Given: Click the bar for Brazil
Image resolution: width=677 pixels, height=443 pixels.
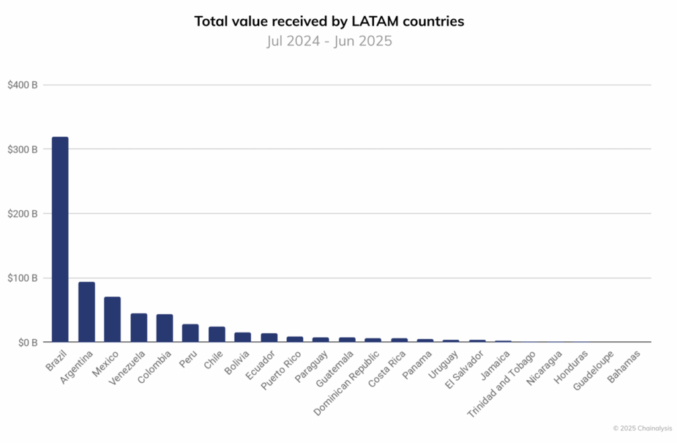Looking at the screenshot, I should [60, 239].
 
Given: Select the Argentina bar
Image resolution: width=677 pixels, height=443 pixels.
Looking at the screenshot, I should [87, 312].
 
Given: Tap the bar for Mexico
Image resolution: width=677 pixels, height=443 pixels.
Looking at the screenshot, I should [112, 319].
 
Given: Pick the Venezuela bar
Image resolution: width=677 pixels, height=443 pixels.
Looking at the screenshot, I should [139, 328].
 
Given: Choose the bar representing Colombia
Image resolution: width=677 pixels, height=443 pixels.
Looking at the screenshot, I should [165, 329].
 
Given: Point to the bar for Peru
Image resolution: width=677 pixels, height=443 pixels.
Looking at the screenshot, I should [190, 333].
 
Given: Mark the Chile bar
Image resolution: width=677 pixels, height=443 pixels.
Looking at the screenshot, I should [217, 335].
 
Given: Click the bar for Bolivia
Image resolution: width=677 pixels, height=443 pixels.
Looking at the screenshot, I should [243, 337].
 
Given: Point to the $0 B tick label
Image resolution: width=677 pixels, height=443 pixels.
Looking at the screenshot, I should [26, 342].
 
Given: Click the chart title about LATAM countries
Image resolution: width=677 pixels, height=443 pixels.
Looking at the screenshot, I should [329, 21].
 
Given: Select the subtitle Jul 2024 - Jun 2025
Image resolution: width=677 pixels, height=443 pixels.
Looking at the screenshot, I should [329, 41].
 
